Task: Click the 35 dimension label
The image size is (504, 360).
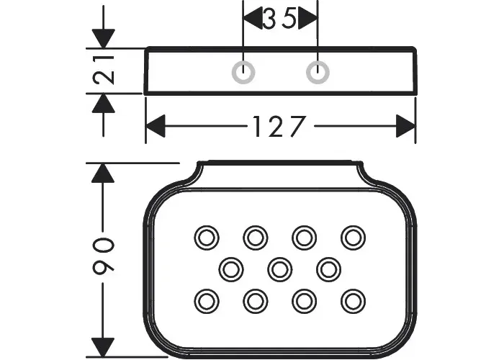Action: click(279, 19)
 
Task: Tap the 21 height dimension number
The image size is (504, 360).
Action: click(104, 70)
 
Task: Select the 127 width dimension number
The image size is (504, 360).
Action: click(279, 126)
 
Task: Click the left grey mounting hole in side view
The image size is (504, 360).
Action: click(243, 72)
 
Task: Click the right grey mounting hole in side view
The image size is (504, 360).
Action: click(318, 72)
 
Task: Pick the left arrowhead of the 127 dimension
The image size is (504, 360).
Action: click(156, 126)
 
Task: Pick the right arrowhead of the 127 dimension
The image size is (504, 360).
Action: click(405, 126)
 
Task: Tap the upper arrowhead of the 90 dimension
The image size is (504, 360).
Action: click(103, 174)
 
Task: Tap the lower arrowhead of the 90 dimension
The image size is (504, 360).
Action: click(103, 347)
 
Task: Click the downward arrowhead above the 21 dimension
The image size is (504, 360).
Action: click(103, 39)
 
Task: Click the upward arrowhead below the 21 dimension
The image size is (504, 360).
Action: click(103, 103)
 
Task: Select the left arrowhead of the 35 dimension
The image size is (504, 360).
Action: click(253, 18)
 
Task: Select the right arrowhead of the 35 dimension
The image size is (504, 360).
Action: click(308, 18)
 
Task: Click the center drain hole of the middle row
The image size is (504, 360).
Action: click(279, 269)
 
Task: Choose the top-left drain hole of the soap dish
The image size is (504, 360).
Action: click(207, 238)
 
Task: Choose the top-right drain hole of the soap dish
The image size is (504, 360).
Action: click(353, 238)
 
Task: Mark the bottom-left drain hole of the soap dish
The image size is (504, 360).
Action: click(207, 301)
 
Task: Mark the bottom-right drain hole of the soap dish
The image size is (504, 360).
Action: click(353, 301)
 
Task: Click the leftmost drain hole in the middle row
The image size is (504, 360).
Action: click(231, 269)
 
